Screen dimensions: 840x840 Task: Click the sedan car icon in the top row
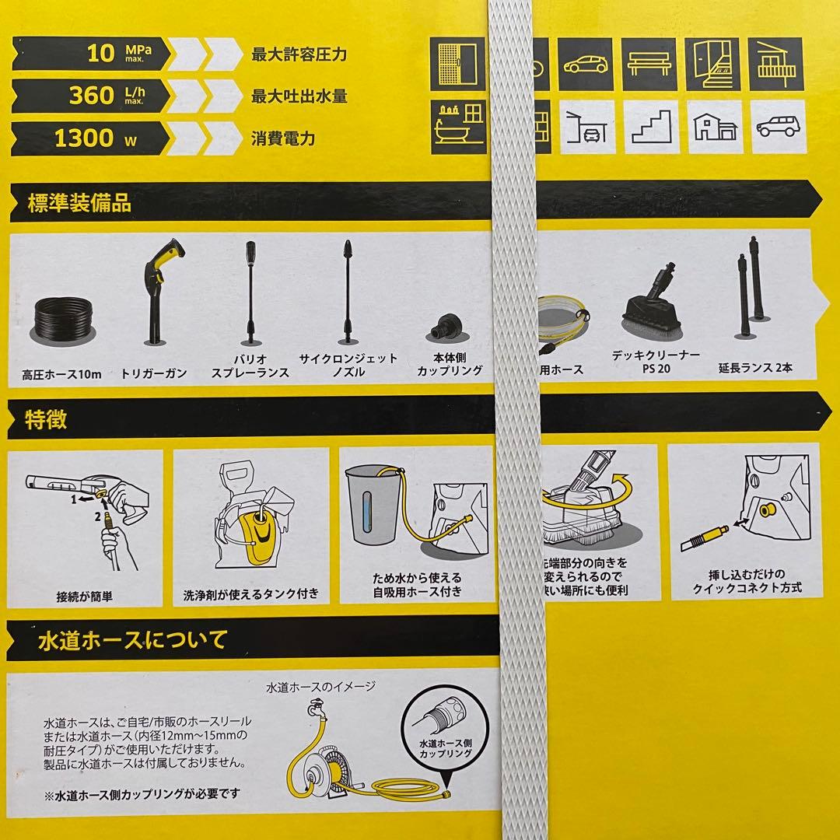coord(586,64)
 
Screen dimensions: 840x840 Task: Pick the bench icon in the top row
coord(650,64)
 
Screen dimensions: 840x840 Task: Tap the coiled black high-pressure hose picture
coord(65,318)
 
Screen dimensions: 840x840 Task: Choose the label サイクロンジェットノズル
coord(348,366)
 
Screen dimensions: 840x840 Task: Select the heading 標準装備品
coord(79,205)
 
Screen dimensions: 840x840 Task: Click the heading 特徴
coord(47,420)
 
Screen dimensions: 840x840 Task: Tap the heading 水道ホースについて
coord(132,640)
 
